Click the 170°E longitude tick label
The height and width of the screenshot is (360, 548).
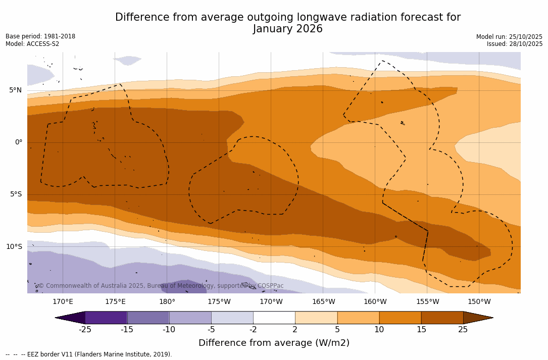[63, 302]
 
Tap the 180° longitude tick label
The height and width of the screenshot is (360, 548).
[167, 302]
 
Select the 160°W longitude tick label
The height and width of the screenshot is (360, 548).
[375, 302]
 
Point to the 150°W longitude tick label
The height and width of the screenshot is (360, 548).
[479, 302]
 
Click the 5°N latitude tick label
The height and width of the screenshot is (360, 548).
[15, 90]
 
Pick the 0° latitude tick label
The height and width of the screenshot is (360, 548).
[18, 142]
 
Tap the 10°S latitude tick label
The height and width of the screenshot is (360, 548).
[14, 247]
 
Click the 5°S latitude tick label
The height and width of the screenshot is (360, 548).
[15, 194]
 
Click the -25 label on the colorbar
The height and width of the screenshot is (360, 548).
[85, 330]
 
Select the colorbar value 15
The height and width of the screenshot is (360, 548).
[421, 330]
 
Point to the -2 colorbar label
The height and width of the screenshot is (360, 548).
[253, 330]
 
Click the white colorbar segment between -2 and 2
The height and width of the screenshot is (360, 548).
[274, 318]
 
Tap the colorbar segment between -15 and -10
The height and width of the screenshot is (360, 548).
[148, 318]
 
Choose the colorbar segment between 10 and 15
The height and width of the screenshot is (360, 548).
[400, 318]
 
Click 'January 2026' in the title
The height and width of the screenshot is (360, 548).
[288, 29]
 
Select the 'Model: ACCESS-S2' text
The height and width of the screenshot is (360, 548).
[32, 44]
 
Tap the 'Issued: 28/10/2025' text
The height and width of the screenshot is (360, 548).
[514, 44]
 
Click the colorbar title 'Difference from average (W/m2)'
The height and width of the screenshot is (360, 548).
[274, 343]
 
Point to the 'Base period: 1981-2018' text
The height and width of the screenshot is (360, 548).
[40, 36]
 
